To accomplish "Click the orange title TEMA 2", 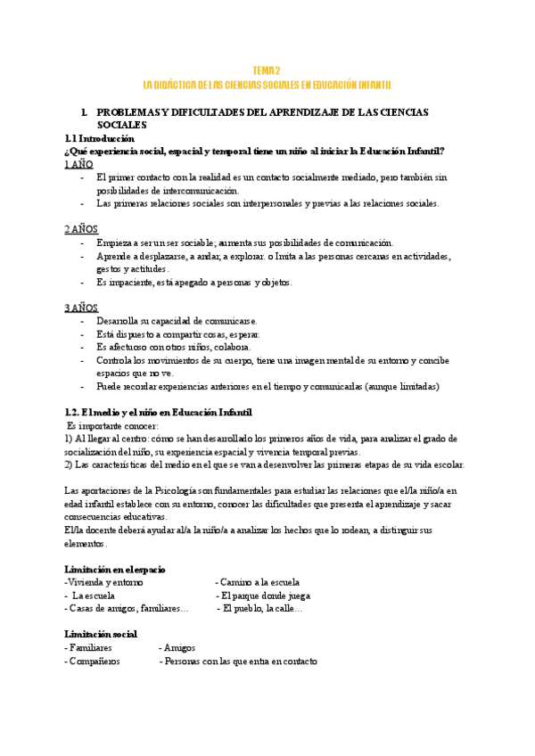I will (x=267, y=70).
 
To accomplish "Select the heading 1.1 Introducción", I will (x=99, y=139).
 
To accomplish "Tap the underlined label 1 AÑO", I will (x=79, y=165).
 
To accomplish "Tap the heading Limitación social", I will (x=101, y=634).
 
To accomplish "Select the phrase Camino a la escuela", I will (x=258, y=582).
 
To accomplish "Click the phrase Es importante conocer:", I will (x=111, y=426).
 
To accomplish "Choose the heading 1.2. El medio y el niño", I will (x=158, y=413).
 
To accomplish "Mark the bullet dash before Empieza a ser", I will (x=83, y=243).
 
